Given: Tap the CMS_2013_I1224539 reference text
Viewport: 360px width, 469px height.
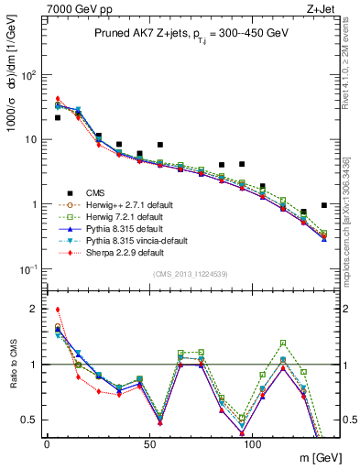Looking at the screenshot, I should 184,273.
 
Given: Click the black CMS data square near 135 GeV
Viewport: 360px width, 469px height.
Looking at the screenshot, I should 324,205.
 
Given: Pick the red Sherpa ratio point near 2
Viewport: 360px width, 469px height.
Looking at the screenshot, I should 57,310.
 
